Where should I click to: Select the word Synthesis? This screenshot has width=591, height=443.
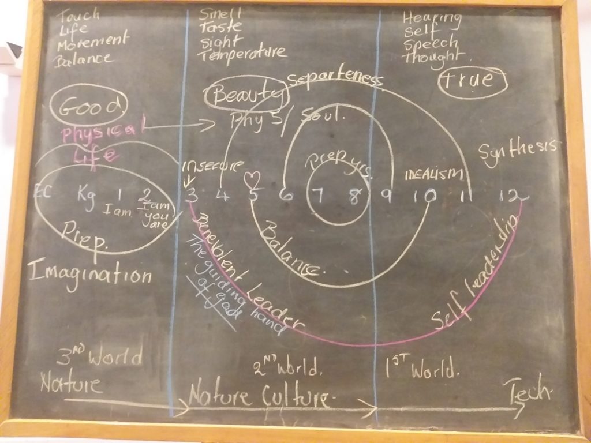[517, 151]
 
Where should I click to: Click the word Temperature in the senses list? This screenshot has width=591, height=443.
[242, 54]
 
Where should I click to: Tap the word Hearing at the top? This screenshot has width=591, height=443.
[432, 18]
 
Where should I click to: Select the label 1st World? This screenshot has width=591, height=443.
[421, 367]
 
